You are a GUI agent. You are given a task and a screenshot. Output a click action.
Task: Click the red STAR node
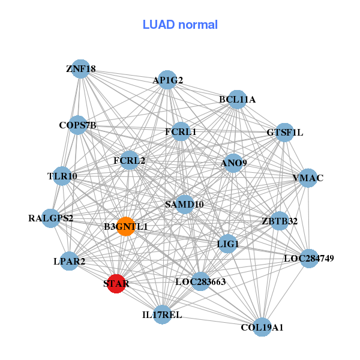(x=116, y=284)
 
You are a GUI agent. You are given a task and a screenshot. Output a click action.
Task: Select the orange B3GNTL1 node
(x=125, y=226)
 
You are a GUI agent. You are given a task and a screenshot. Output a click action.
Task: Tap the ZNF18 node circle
(x=80, y=69)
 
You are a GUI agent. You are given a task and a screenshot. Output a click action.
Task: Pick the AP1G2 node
(x=167, y=80)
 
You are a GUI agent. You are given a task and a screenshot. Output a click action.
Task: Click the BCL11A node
(x=238, y=100)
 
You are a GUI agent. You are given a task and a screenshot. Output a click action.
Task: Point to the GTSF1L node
(x=284, y=133)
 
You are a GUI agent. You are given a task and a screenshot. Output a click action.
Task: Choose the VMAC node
(x=308, y=178)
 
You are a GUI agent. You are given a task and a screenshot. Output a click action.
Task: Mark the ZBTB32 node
(x=279, y=221)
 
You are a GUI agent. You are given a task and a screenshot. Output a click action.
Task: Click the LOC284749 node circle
(x=309, y=259)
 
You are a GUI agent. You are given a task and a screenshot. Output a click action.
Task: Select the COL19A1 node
(x=262, y=327)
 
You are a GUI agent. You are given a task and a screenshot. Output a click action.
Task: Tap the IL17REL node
(x=163, y=314)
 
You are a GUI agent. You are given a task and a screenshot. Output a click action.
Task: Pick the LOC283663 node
(x=200, y=281)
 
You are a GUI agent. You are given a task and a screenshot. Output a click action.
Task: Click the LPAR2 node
(x=70, y=261)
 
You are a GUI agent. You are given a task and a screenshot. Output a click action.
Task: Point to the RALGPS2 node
(x=51, y=218)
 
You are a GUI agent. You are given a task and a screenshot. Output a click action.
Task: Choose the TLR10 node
(x=62, y=176)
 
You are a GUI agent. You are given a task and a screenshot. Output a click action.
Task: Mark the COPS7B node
(x=77, y=125)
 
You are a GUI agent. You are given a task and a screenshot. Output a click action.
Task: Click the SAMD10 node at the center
(x=185, y=205)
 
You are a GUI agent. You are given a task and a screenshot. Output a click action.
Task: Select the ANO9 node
(x=233, y=163)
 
